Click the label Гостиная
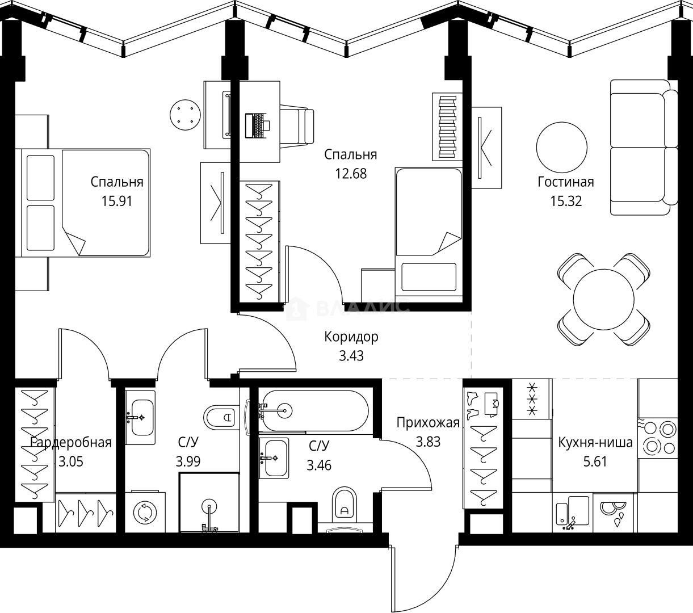click(565, 182)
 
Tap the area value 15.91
click(116, 201)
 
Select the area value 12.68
click(350, 174)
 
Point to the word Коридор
click(351, 337)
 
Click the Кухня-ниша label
click(595, 442)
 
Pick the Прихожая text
click(427, 422)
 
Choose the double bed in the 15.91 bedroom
click(85, 203)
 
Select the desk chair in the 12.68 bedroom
click(297, 125)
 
